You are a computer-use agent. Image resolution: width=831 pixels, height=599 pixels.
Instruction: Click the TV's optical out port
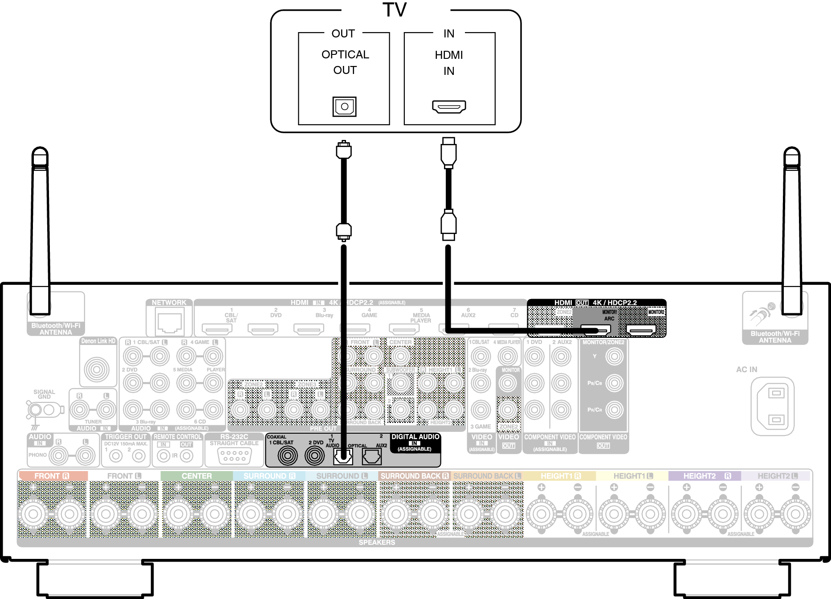pyautogui.click(x=344, y=107)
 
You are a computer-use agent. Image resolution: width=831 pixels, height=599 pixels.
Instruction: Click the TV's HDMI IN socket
pyautogui.click(x=449, y=107)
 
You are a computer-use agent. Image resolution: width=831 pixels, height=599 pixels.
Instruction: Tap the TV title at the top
pyautogui.click(x=395, y=10)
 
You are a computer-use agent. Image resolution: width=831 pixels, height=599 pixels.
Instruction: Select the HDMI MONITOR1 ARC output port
pyautogui.click(x=596, y=330)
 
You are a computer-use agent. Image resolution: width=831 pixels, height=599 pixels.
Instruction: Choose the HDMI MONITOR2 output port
pyautogui.click(x=641, y=330)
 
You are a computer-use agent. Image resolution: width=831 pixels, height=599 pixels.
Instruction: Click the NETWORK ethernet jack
pyautogui.click(x=169, y=322)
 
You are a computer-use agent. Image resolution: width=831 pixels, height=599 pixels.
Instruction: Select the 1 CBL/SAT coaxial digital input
pyautogui.click(x=287, y=455)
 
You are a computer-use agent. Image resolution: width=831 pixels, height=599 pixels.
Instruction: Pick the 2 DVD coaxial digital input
pyautogui.click(x=314, y=455)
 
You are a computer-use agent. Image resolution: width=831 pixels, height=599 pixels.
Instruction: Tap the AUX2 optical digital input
pyautogui.click(x=371, y=456)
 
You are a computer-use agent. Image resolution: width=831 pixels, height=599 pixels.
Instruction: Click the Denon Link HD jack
pyautogui.click(x=97, y=369)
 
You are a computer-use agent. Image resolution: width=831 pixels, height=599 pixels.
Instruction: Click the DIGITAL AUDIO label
pyautogui.click(x=415, y=437)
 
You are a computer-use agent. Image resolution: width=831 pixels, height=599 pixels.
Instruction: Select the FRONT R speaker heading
pyautogui.click(x=52, y=476)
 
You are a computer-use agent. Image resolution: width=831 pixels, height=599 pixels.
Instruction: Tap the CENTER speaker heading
pyautogui.click(x=196, y=476)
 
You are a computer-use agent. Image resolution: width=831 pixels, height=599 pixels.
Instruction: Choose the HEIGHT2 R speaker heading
pyautogui.click(x=706, y=476)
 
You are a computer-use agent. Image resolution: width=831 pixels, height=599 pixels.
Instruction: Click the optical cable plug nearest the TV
pyautogui.click(x=343, y=150)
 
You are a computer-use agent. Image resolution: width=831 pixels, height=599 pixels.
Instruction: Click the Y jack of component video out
pyautogui.click(x=614, y=356)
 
